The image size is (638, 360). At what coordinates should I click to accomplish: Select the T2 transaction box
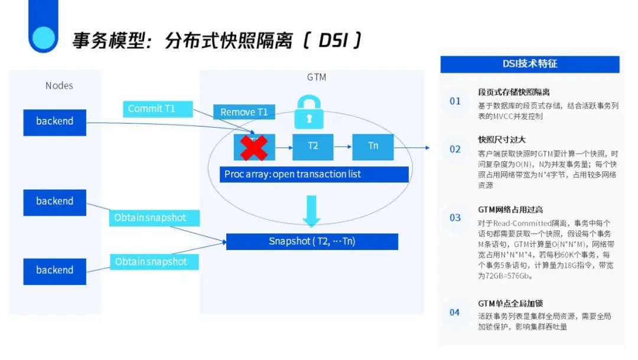pyautogui.click(x=313, y=146)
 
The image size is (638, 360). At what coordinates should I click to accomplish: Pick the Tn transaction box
pyautogui.click(x=373, y=146)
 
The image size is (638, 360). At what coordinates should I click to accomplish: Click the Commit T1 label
pyautogui.click(x=157, y=109)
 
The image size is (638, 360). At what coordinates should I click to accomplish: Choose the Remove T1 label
pyautogui.click(x=244, y=112)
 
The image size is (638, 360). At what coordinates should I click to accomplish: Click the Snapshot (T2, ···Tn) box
pyautogui.click(x=312, y=241)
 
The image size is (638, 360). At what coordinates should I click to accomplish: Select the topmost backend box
pyautogui.click(x=55, y=121)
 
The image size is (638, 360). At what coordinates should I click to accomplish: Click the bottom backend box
pyautogui.click(x=55, y=271)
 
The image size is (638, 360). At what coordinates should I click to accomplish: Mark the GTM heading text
pyautogui.click(x=316, y=77)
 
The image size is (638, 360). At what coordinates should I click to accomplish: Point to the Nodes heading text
pyautogui.click(x=59, y=86)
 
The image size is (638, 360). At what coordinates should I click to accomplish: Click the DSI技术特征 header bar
pyautogui.click(x=530, y=64)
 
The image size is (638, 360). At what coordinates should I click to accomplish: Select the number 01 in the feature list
pyautogui.click(x=455, y=101)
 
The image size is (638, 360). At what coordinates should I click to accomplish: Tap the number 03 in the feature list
pyautogui.click(x=455, y=218)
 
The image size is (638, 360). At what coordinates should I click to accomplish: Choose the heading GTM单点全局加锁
pyautogui.click(x=510, y=304)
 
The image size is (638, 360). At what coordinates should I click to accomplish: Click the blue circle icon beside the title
pyautogui.click(x=43, y=37)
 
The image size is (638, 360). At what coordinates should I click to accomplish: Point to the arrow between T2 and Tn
pyautogui.click(x=343, y=146)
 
